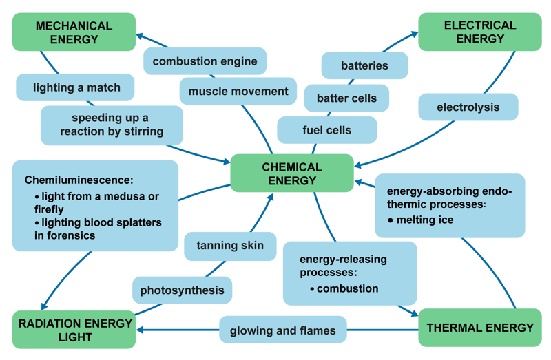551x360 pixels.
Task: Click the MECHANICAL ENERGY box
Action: pos(74,32)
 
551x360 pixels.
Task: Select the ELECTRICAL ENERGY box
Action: pos(479,32)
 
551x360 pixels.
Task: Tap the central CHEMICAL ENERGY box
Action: pos(292,173)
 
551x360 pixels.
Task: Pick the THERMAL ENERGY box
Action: pos(479,328)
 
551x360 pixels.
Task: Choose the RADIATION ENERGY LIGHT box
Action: pos(74,330)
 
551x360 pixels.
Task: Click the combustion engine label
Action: pos(205,61)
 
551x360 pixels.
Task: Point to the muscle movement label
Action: pos(238,92)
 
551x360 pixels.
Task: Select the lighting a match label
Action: pos(76,87)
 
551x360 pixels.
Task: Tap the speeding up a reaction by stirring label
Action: pos(112,125)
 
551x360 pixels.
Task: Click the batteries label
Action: pos(364,66)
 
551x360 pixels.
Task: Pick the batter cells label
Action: pos(346,98)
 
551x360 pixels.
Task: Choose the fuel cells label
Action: pos(326,130)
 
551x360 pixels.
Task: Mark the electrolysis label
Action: pos(468,107)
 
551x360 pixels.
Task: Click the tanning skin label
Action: pos(230,246)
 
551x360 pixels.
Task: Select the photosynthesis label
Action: pos(182,290)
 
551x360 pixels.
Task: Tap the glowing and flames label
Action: pos(282,330)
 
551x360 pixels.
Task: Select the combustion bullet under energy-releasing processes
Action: pos(347,288)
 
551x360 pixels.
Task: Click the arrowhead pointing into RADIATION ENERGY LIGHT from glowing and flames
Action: pos(141,330)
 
